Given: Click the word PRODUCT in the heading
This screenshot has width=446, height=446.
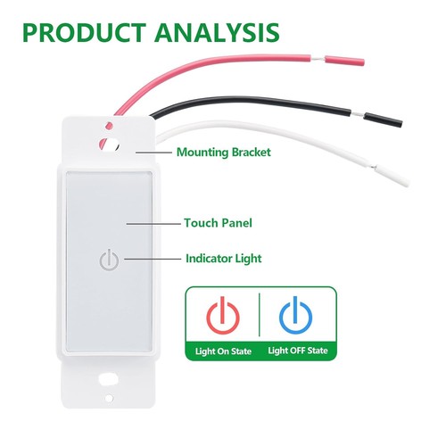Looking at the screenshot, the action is pyautogui.click(x=84, y=32).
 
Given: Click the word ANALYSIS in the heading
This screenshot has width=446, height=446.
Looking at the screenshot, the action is pyautogui.click(x=217, y=32).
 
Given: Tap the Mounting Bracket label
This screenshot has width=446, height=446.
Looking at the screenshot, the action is pyautogui.click(x=224, y=153).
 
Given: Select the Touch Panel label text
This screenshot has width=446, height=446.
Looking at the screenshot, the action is pyautogui.click(x=218, y=223).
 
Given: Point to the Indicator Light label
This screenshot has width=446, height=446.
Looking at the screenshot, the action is pyautogui.click(x=224, y=259).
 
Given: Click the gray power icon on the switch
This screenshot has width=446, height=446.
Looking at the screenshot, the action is pyautogui.click(x=109, y=260).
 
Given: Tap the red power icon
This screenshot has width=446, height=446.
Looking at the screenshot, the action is pyautogui.click(x=223, y=315).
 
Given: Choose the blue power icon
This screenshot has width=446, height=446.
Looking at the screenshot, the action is pyautogui.click(x=295, y=315).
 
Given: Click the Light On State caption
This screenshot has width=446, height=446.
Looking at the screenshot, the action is pyautogui.click(x=223, y=351).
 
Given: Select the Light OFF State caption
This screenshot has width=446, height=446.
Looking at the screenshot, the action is pyautogui.click(x=298, y=351).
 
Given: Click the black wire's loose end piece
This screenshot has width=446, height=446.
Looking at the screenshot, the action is pyautogui.click(x=383, y=119).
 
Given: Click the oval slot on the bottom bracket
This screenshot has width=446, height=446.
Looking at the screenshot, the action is pyautogui.click(x=109, y=379).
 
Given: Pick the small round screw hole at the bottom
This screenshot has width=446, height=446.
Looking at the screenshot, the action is pyautogui.click(x=109, y=398).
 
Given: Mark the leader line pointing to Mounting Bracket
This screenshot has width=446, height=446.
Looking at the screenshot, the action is pyautogui.click(x=153, y=153).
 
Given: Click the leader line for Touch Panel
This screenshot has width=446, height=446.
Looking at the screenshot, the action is pyautogui.click(x=153, y=224).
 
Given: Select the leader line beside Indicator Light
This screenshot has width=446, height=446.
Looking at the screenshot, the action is pyautogui.click(x=153, y=259).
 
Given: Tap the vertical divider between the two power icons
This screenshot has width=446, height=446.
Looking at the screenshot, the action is pyautogui.click(x=260, y=315).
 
